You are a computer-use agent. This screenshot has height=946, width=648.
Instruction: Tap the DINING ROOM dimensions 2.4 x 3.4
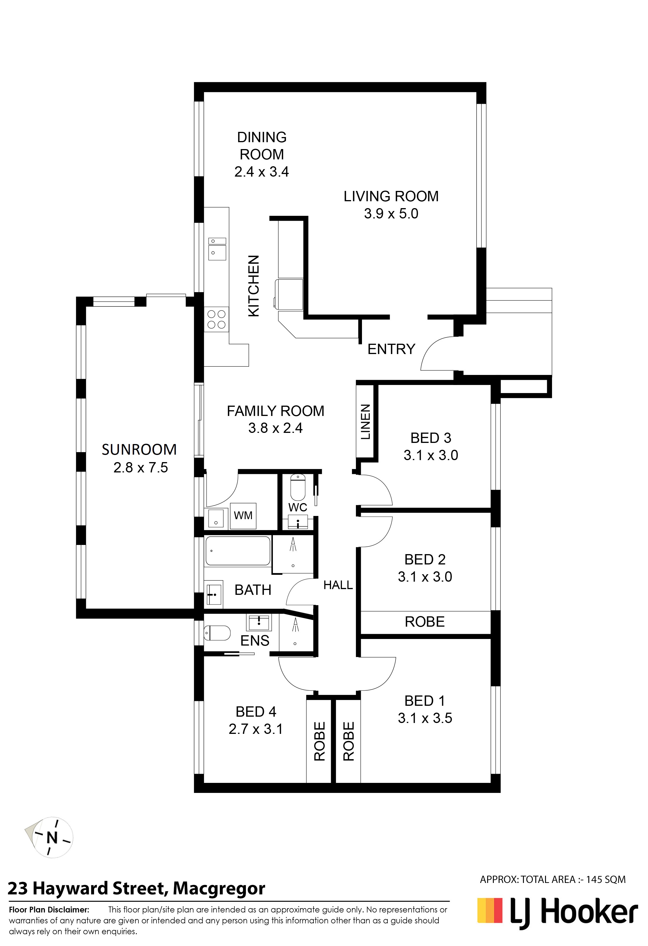[x=262, y=172]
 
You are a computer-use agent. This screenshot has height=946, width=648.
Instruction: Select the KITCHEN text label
[x=254, y=286]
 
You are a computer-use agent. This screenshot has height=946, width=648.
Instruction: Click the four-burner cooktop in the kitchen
[x=217, y=320]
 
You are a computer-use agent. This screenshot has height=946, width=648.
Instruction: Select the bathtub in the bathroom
[x=238, y=551]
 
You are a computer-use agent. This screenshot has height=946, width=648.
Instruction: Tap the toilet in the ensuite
[x=217, y=633]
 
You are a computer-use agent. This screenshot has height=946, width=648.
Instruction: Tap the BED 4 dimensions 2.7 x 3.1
[x=256, y=729]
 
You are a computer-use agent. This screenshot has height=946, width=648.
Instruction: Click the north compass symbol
[x=52, y=838]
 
